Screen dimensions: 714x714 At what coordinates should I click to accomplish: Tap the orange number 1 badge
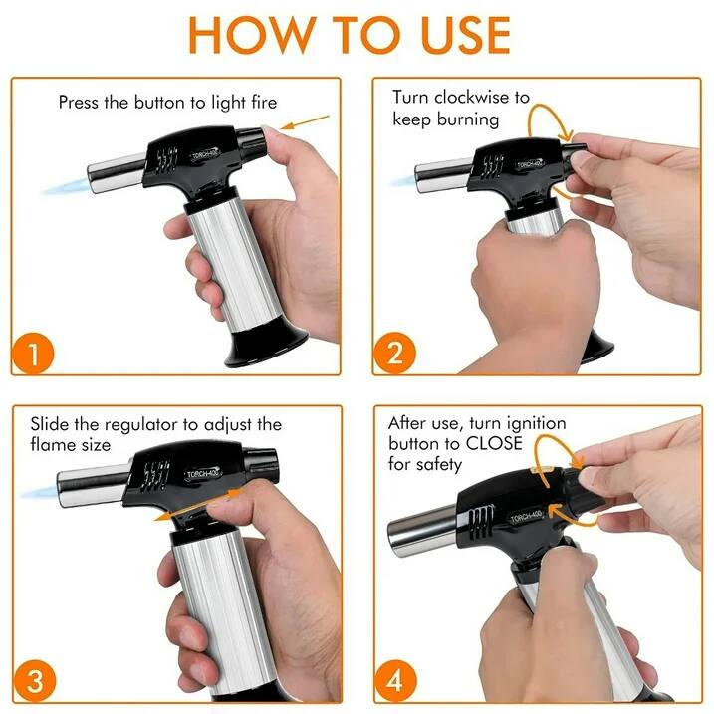[34, 354]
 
